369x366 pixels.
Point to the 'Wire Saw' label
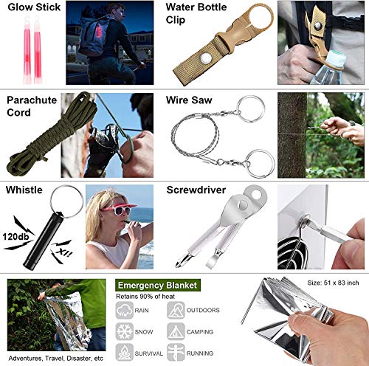[190, 99]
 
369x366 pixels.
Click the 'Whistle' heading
[24, 190]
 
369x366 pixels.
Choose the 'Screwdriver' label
[198, 190]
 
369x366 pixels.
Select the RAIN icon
[125, 311]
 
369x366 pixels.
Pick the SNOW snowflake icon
[125, 331]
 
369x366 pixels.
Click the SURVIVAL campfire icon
[125, 352]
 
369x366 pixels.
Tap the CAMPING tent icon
[176, 331]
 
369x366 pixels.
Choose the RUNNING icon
[176, 352]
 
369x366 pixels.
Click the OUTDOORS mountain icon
[176, 311]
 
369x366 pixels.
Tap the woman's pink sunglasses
[113, 210]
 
